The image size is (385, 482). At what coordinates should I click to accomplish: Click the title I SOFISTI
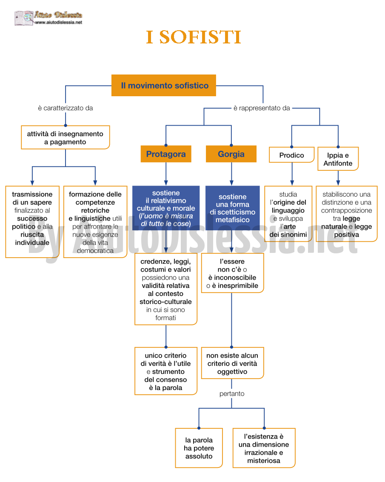click(x=194, y=37)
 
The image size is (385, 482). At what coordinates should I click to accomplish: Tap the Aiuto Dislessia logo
click(x=48, y=18)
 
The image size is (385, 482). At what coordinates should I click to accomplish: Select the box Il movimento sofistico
click(x=164, y=86)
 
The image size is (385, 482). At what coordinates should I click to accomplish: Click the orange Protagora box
click(x=166, y=154)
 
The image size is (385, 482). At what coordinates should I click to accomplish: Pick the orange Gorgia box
click(x=231, y=154)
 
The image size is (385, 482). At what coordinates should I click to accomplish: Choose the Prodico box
click(x=292, y=155)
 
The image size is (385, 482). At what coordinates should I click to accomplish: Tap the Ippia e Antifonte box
click(x=338, y=159)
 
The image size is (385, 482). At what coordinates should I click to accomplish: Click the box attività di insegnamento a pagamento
click(x=66, y=138)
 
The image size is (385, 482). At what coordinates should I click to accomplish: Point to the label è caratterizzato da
click(x=66, y=108)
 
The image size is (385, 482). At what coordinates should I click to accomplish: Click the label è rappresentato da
click(x=262, y=108)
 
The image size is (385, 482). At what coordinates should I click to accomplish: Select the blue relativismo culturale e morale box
click(x=166, y=208)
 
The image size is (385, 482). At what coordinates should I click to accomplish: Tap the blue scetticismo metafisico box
click(x=233, y=208)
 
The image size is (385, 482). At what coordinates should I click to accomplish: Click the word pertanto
click(x=232, y=394)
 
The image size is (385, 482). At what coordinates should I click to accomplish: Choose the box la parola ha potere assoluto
click(x=199, y=448)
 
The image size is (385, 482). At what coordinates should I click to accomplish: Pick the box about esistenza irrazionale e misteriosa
click(x=264, y=448)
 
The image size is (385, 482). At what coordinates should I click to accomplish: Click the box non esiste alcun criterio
click(x=232, y=363)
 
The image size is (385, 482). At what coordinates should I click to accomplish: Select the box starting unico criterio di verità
click(x=166, y=371)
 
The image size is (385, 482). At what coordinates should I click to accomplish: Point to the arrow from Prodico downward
click(x=292, y=174)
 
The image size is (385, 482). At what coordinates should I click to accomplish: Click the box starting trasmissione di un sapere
click(x=32, y=222)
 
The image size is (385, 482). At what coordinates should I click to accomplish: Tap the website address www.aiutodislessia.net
click(x=59, y=23)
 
